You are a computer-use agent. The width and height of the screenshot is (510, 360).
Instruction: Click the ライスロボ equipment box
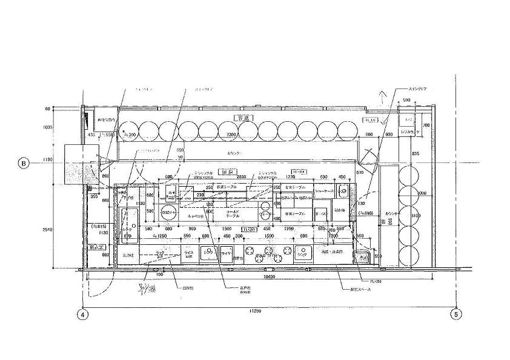[187, 254]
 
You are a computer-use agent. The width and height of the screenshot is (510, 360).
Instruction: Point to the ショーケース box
[325, 191]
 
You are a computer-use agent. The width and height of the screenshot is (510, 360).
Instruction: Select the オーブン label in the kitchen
[322, 213]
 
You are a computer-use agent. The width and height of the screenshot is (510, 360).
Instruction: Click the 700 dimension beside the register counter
[426, 125]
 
